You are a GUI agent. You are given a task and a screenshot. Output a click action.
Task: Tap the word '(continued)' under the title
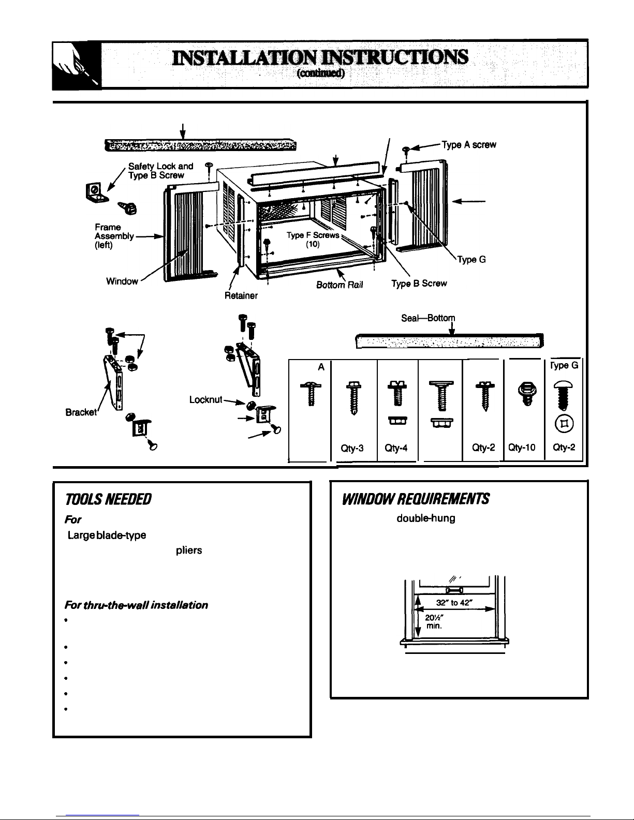(x=321, y=73)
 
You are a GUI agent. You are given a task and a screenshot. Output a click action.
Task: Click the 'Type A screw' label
(x=469, y=145)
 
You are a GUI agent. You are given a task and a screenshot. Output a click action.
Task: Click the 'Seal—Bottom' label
(x=422, y=319)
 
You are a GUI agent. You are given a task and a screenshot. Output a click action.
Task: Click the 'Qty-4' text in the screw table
(x=397, y=450)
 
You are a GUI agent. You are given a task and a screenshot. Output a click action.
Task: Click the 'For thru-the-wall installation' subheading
(x=136, y=604)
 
